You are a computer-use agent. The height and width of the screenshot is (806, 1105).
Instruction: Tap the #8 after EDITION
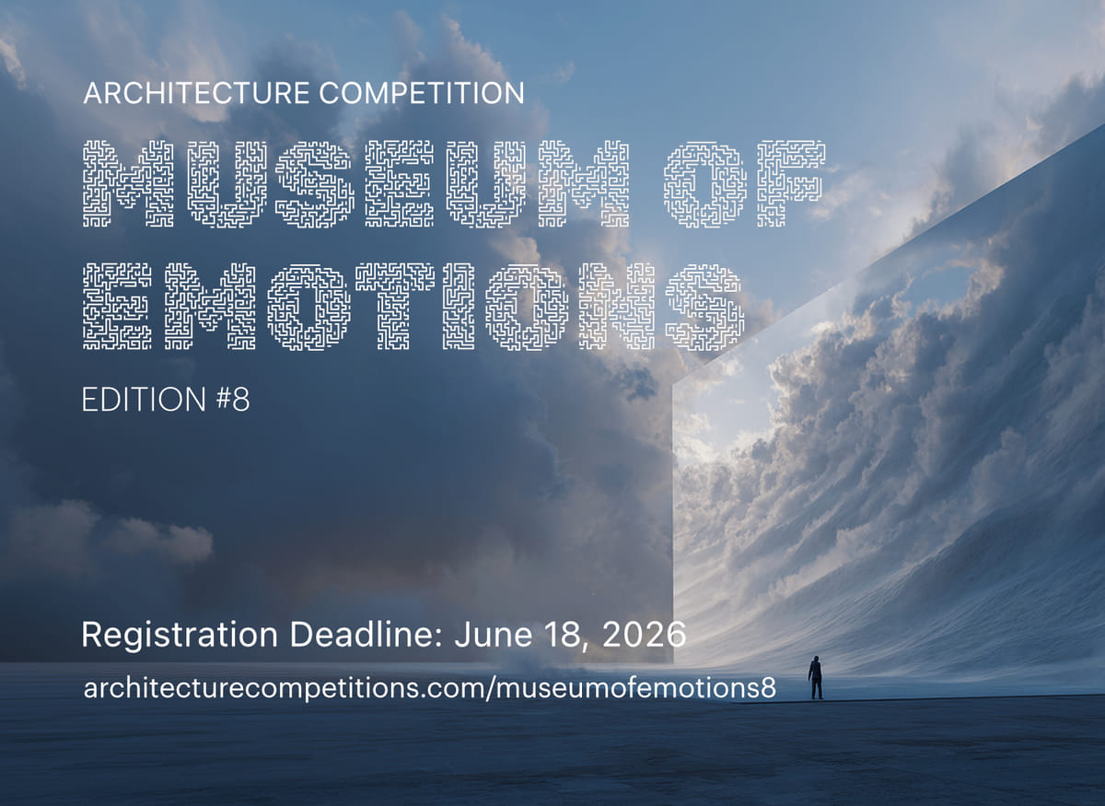(230, 400)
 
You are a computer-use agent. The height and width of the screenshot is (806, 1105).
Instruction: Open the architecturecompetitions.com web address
(429, 688)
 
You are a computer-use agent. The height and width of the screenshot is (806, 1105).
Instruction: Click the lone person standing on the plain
(815, 677)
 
